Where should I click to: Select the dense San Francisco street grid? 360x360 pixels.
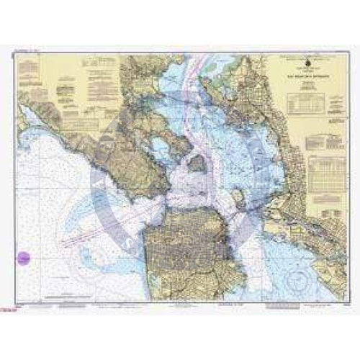[184, 245]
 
